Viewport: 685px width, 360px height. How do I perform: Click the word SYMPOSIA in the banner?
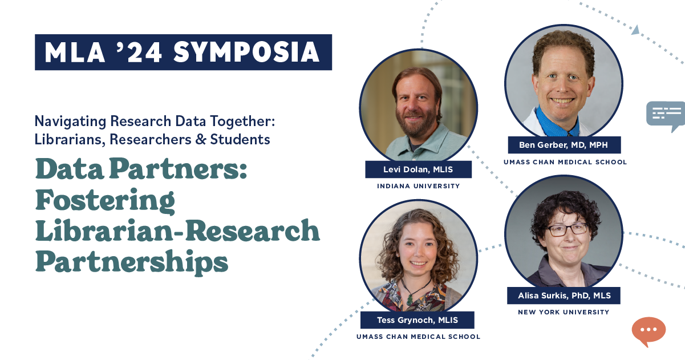pyautogui.click(x=246, y=52)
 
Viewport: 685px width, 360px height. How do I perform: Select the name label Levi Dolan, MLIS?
pyautogui.click(x=418, y=169)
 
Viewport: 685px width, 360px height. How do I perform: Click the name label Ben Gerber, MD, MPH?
pyautogui.click(x=564, y=145)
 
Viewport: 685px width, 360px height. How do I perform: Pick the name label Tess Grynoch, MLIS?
pyautogui.click(x=418, y=320)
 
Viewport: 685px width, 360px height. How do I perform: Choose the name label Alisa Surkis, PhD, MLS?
pyautogui.click(x=564, y=296)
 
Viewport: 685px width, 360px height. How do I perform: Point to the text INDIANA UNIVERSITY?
pyautogui.click(x=418, y=186)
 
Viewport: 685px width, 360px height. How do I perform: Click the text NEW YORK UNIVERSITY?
pyautogui.click(x=564, y=312)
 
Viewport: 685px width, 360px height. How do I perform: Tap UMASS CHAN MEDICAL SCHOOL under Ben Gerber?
pyautogui.click(x=565, y=162)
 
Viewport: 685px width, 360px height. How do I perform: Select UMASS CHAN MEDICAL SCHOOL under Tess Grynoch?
pyautogui.click(x=418, y=337)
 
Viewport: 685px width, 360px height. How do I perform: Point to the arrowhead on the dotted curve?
pyautogui.click(x=635, y=30)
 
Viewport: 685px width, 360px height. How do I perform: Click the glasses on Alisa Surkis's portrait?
pyautogui.click(x=568, y=230)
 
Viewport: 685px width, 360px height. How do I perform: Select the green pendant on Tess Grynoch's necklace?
pyautogui.click(x=409, y=299)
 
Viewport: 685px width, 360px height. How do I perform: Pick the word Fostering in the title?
pyautogui.click(x=105, y=201)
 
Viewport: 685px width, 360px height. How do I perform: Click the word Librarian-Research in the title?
pyautogui.click(x=178, y=230)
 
